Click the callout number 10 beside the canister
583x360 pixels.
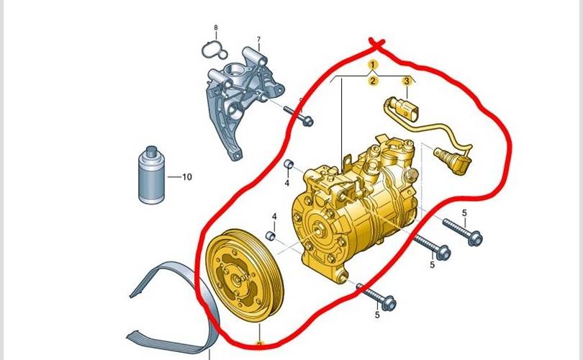coord(187,177)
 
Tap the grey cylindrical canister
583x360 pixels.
coord(151,175)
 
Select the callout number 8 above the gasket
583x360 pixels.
coord(216,28)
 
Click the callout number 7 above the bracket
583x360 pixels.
coord(258,39)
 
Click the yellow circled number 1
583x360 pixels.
coord(373,65)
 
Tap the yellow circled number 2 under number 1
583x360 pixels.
coord(373,81)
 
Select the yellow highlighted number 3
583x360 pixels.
coord(407,81)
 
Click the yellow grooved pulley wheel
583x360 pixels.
coord(245,275)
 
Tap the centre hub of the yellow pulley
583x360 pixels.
coord(237,277)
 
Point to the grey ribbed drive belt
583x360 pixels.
coord(175,309)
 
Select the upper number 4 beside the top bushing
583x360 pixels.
coord(286,183)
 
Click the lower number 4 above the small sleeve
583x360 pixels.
coord(274,217)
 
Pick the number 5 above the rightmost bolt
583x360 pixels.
coord(464,213)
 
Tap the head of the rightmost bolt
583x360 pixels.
coord(475,238)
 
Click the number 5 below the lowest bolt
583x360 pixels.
coord(377,315)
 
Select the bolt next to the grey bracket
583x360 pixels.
coord(298,115)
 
